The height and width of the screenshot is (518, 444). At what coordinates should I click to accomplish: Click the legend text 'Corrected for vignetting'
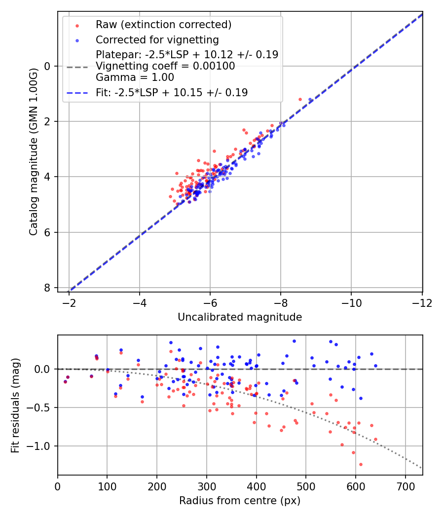157,39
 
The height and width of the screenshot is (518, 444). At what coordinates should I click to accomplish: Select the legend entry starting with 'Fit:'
172,92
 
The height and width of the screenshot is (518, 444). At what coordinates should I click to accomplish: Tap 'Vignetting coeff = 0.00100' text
165,66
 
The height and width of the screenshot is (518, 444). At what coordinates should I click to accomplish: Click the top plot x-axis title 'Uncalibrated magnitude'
240,317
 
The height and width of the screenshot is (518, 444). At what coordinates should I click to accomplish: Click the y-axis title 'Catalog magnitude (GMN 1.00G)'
33,152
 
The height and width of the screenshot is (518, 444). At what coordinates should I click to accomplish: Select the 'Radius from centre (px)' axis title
240,501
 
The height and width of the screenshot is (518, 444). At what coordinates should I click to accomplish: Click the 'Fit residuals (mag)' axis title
15,405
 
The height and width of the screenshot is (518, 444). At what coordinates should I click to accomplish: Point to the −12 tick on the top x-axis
422,302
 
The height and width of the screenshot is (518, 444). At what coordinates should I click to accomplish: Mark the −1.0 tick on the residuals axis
39,446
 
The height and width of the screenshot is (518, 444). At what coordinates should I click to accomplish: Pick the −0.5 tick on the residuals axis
39,407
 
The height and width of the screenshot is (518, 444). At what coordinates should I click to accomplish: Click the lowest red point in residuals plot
361,464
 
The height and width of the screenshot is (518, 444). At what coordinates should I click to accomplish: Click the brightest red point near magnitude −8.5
300,99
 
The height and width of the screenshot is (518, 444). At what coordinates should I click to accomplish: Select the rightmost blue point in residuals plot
375,366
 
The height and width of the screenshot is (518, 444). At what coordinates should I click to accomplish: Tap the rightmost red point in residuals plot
375,439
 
